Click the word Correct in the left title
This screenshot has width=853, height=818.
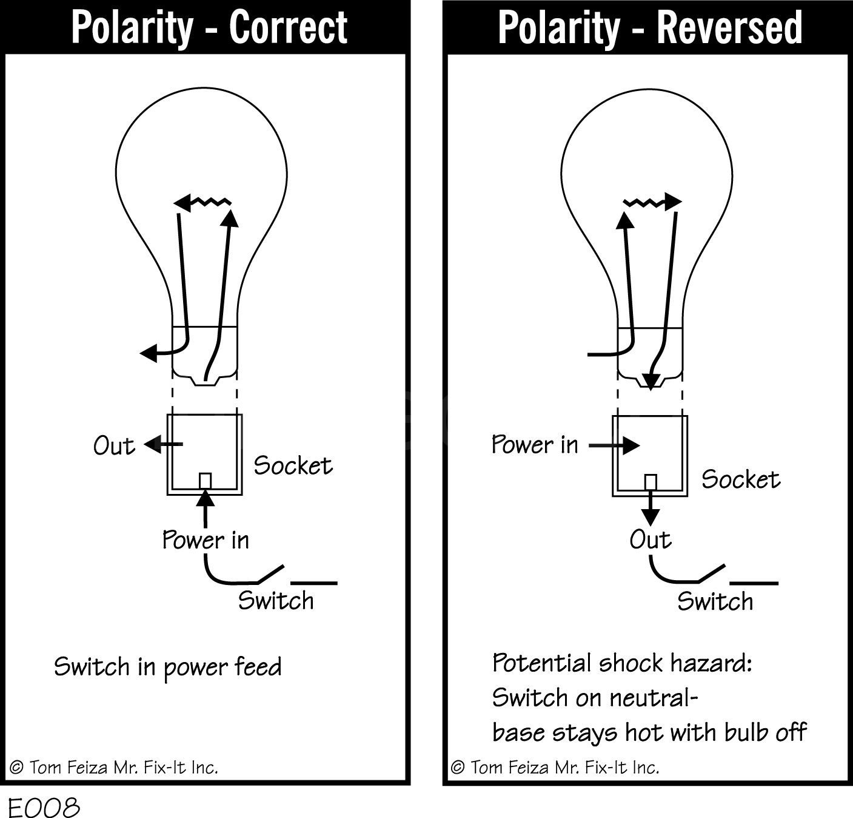tap(288, 28)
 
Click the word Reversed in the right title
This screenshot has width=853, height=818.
tap(729, 28)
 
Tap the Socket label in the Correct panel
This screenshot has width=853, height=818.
tap(293, 465)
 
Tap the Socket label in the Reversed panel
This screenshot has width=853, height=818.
tap(741, 479)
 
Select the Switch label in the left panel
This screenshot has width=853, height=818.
tap(276, 600)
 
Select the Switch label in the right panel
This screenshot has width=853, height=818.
tap(715, 601)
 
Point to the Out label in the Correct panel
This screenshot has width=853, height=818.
tap(114, 446)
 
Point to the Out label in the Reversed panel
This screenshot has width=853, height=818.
tap(651, 539)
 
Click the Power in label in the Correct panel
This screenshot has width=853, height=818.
tap(206, 540)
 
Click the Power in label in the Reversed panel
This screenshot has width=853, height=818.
tap(535, 445)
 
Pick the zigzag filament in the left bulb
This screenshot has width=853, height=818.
tap(208, 202)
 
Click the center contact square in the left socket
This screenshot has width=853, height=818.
tap(205, 481)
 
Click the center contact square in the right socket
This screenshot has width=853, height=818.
tap(651, 482)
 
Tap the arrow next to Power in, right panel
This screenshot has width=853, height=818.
tap(614, 446)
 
